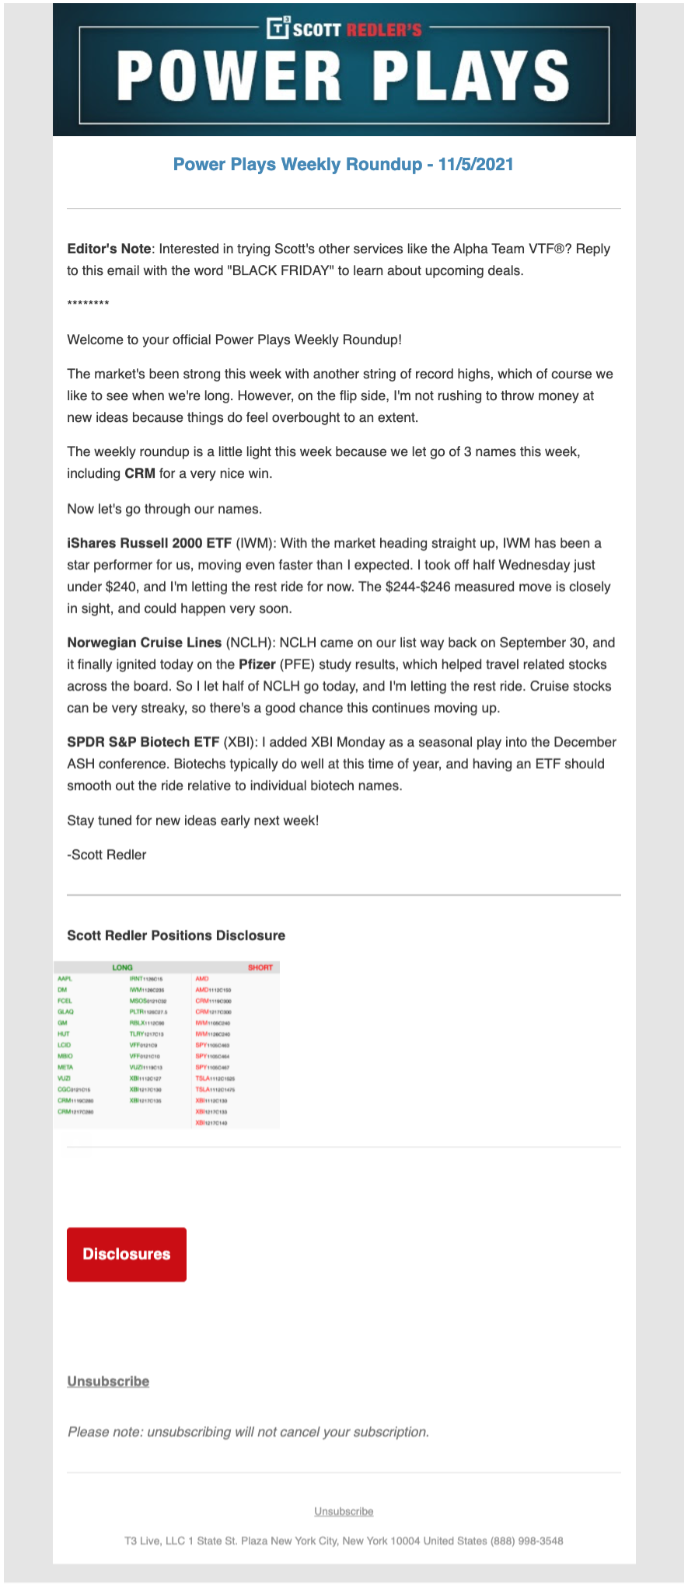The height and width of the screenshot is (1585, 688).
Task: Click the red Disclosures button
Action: point(126,1254)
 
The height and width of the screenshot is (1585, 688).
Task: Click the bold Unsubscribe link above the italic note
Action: point(108,1381)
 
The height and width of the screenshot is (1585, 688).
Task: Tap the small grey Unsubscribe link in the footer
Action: point(344,1511)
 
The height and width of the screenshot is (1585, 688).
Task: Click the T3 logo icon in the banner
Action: point(278,28)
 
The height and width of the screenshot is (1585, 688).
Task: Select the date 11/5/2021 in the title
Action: point(476,164)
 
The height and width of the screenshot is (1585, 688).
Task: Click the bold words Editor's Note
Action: point(109,249)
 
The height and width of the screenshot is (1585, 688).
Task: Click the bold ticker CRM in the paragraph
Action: point(140,473)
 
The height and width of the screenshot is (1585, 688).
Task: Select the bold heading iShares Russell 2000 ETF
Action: point(149,543)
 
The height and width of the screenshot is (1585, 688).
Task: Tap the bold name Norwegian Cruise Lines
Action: point(144,643)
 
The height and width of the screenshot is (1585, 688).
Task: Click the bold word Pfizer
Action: point(257,664)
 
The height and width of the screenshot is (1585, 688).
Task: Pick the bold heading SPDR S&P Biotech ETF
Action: point(143,742)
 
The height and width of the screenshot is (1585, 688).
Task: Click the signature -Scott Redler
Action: point(107,855)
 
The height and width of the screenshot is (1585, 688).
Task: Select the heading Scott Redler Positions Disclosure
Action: point(176,935)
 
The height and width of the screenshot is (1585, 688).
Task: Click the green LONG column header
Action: point(122,967)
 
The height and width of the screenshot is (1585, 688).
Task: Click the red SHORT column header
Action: point(260,967)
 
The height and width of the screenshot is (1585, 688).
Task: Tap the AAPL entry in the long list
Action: point(65,979)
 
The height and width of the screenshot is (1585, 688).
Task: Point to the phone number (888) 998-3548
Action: point(526,1540)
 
